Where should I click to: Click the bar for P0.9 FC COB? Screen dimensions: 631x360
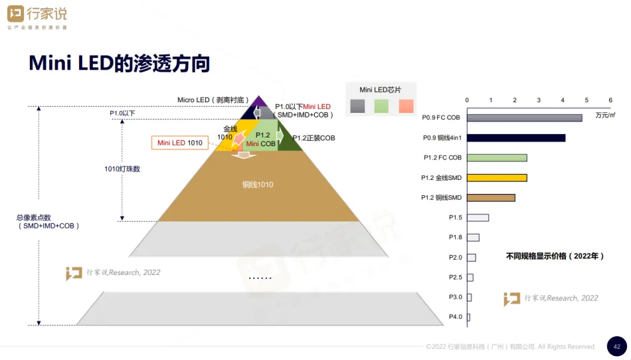tap(524, 118)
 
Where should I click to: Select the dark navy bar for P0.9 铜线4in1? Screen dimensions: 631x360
tap(516, 138)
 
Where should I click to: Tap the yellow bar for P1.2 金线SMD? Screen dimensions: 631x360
tap(497, 178)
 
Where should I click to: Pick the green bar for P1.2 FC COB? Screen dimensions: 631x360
tap(497, 158)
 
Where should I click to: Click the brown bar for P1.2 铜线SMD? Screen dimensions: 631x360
tap(491, 198)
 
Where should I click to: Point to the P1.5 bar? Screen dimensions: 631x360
tap(478, 218)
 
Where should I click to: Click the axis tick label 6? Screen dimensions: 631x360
tap(610, 100)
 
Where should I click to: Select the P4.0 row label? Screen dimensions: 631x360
tap(455, 317)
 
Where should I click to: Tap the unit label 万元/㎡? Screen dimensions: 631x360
tap(605, 115)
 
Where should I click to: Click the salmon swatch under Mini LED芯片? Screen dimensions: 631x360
tap(406, 106)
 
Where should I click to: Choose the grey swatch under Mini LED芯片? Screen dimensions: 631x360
tap(357, 106)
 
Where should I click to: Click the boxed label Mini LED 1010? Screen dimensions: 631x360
tap(180, 143)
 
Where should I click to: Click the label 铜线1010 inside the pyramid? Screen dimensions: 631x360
tap(258, 185)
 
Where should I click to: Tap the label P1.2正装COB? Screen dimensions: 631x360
tap(314, 138)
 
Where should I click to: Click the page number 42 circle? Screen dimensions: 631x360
tap(616, 346)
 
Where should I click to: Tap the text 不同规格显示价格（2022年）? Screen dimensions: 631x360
tap(555, 256)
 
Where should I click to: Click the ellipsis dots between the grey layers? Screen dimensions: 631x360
tap(260, 278)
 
